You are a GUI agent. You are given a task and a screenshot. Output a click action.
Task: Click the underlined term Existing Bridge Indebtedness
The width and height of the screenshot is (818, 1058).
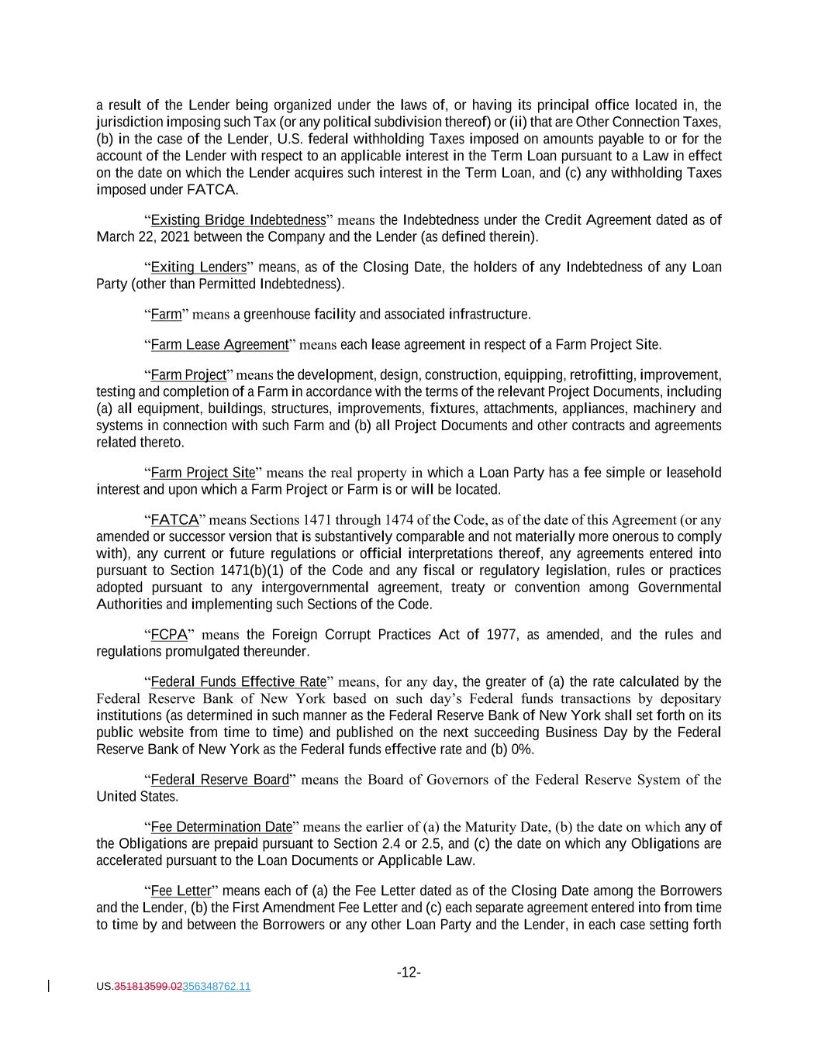pyautogui.click(x=238, y=220)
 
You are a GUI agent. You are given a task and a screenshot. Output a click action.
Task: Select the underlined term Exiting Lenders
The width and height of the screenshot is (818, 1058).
pyautogui.click(x=198, y=267)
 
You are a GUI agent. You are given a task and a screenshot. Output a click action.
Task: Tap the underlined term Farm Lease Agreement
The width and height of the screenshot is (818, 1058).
pyautogui.click(x=219, y=344)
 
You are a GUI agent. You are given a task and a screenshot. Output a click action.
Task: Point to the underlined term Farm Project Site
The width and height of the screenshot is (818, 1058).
pyautogui.click(x=202, y=473)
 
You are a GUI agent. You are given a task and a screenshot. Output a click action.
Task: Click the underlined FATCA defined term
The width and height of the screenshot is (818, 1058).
pyautogui.click(x=174, y=519)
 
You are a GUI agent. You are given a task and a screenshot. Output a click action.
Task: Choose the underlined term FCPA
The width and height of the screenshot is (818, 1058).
pyautogui.click(x=169, y=635)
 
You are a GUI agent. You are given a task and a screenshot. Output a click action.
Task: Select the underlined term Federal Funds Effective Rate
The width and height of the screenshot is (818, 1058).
pyautogui.click(x=238, y=682)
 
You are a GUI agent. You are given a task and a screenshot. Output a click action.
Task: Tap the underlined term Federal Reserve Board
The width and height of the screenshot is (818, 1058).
pyautogui.click(x=219, y=780)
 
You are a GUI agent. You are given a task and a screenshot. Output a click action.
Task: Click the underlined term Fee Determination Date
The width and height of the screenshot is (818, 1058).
pyautogui.click(x=221, y=827)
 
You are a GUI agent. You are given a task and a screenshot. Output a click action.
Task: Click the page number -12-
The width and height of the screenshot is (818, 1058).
pyautogui.click(x=409, y=973)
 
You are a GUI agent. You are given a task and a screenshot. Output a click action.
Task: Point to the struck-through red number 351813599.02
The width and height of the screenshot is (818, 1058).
pyautogui.click(x=148, y=987)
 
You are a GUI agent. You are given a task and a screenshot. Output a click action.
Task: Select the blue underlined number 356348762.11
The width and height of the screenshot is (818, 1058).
pyautogui.click(x=216, y=987)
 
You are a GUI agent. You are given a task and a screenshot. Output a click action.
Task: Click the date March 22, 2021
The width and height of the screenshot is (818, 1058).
pyautogui.click(x=143, y=236)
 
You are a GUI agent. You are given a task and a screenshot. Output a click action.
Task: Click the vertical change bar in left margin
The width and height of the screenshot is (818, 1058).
pyautogui.click(x=50, y=986)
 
